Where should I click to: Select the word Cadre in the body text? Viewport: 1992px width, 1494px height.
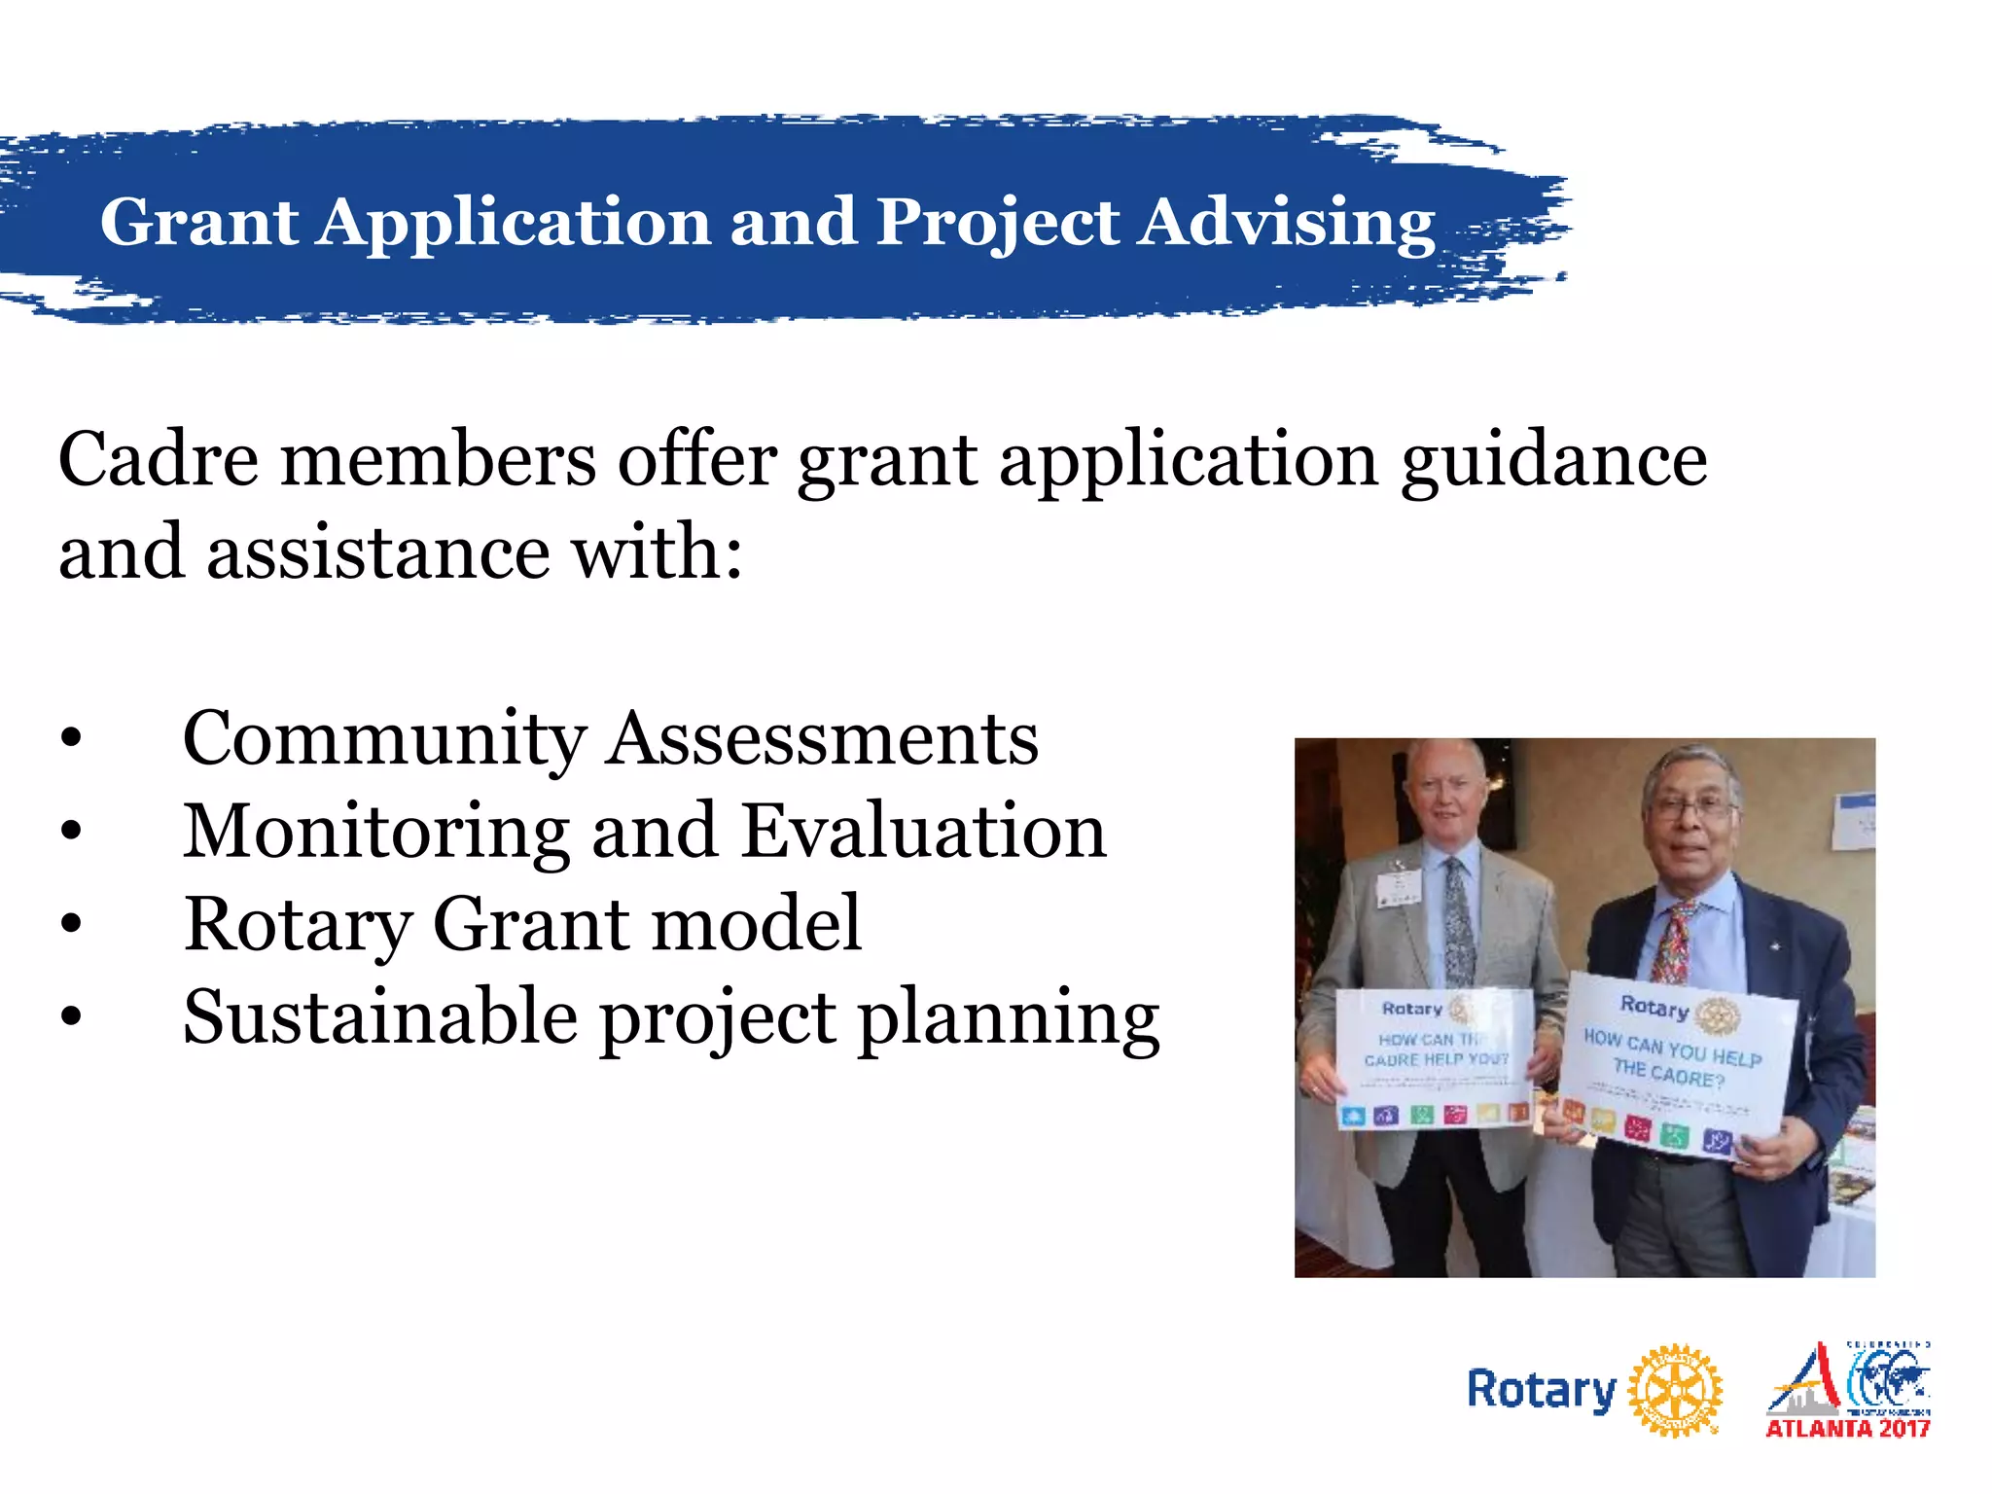point(159,459)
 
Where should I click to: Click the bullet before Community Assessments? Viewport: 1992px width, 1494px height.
point(71,740)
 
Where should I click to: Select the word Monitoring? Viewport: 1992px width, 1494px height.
point(375,833)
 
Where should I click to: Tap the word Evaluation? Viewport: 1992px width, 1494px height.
point(923,833)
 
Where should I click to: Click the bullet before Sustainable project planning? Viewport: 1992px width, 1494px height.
point(71,1017)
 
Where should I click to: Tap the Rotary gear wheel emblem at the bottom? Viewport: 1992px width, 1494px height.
point(1674,1390)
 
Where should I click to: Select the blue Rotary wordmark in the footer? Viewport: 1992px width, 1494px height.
point(1541,1390)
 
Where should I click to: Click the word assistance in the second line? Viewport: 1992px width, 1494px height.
point(378,552)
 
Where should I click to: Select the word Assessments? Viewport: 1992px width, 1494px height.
point(823,740)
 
